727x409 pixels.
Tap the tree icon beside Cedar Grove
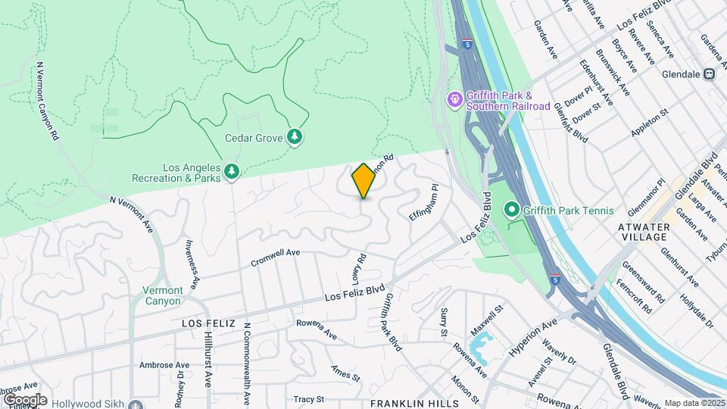295,137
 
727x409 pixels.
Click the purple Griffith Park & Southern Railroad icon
454,99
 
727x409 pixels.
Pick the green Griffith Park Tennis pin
512,210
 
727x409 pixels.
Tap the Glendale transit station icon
710,74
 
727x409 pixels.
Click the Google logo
25,399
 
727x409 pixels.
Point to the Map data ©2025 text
694,403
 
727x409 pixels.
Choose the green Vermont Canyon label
163,295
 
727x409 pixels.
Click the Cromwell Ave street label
276,258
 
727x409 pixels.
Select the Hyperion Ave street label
534,331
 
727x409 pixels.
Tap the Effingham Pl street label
423,201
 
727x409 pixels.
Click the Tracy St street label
308,398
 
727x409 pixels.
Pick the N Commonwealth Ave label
247,364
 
